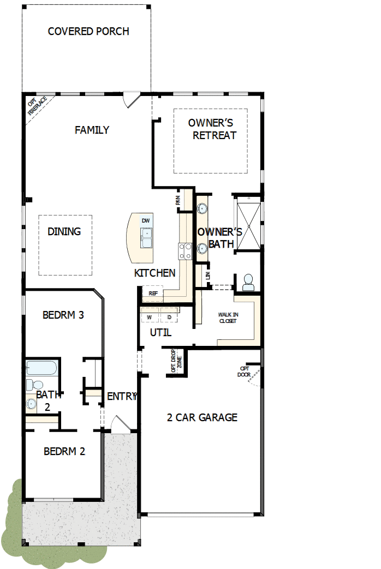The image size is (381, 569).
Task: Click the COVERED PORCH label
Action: click(x=88, y=31)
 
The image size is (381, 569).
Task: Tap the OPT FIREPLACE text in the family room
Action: click(x=37, y=105)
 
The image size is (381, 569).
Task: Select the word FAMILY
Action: click(x=92, y=130)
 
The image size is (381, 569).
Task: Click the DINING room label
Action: click(x=64, y=231)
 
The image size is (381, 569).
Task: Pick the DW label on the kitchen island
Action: click(x=145, y=220)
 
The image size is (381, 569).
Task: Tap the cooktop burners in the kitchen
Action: click(x=185, y=250)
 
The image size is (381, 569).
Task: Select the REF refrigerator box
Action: click(x=153, y=293)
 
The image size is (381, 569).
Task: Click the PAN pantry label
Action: click(x=178, y=200)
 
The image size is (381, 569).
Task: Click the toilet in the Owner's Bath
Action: click(x=248, y=282)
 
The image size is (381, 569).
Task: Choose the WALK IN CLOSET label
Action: click(x=228, y=318)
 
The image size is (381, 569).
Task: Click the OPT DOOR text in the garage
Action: click(x=244, y=371)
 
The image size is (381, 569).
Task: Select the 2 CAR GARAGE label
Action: click(x=202, y=417)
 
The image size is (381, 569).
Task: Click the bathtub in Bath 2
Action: click(x=41, y=368)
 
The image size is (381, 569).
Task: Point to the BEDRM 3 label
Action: click(x=63, y=315)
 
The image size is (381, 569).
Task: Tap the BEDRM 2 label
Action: click(x=64, y=451)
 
